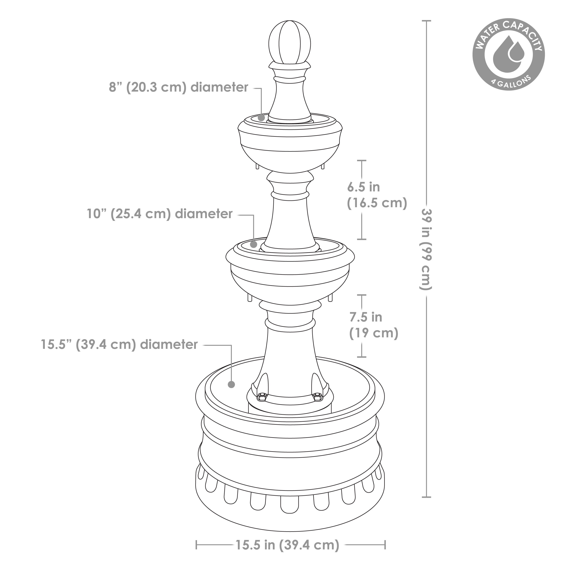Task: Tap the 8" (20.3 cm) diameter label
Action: [x=178, y=87]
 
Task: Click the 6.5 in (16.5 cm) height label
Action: [x=377, y=195]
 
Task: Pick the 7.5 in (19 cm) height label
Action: [x=373, y=325]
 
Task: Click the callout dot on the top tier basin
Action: [x=261, y=118]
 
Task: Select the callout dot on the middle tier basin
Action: [x=253, y=244]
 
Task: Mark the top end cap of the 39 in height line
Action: [x=426, y=21]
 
